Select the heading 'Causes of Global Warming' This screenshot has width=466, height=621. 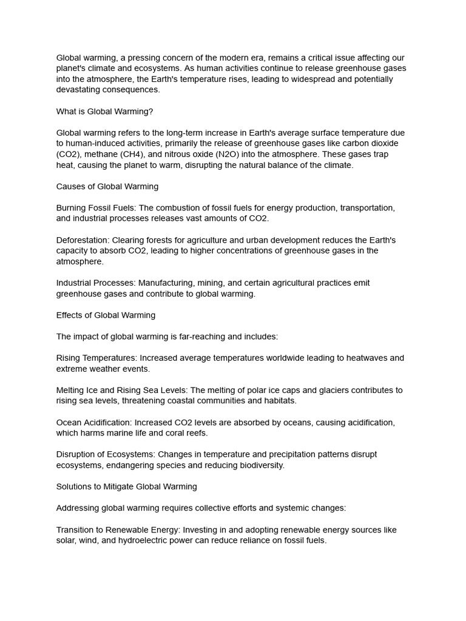point(107,186)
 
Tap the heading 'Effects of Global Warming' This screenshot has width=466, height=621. point(106,315)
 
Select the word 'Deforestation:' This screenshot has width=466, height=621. point(84,240)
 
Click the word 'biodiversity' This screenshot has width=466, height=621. point(259,465)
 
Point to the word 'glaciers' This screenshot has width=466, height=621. point(331,390)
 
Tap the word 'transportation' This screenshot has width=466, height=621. point(367,207)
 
